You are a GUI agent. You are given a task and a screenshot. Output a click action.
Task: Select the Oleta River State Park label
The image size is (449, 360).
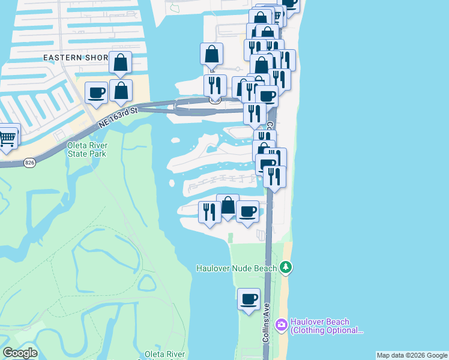point(78,149)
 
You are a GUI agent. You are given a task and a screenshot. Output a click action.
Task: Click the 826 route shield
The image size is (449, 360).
point(29,163)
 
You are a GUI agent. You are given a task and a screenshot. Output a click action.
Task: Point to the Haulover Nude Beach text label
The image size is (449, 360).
point(237,268)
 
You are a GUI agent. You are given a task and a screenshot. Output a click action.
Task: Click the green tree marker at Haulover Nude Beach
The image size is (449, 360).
point(286,267)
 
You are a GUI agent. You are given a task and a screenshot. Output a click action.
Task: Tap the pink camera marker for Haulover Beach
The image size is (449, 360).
point(281,325)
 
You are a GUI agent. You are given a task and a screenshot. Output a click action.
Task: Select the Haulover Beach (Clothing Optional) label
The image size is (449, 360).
point(327,326)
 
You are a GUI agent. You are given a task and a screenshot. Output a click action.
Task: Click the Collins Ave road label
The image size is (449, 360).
point(266,323)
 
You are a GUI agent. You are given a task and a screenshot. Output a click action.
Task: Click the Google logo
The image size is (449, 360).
point(20,353)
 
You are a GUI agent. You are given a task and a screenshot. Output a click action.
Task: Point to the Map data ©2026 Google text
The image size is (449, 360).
point(412,355)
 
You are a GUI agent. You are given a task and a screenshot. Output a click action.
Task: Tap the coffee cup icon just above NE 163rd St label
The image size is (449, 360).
point(96,93)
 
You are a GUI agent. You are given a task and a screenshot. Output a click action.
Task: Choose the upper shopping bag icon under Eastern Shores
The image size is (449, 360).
point(121,62)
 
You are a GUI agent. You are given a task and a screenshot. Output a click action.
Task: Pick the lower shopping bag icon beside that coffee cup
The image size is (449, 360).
point(121,91)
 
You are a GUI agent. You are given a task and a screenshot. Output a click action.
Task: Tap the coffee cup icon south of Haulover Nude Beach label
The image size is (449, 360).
point(249,299)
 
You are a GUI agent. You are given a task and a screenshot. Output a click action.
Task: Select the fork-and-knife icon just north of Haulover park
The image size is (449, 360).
point(209,212)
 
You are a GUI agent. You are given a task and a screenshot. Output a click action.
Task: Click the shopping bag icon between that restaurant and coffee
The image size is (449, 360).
point(228,205)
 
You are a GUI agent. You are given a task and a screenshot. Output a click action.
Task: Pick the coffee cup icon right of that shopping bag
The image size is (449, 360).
point(247,212)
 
